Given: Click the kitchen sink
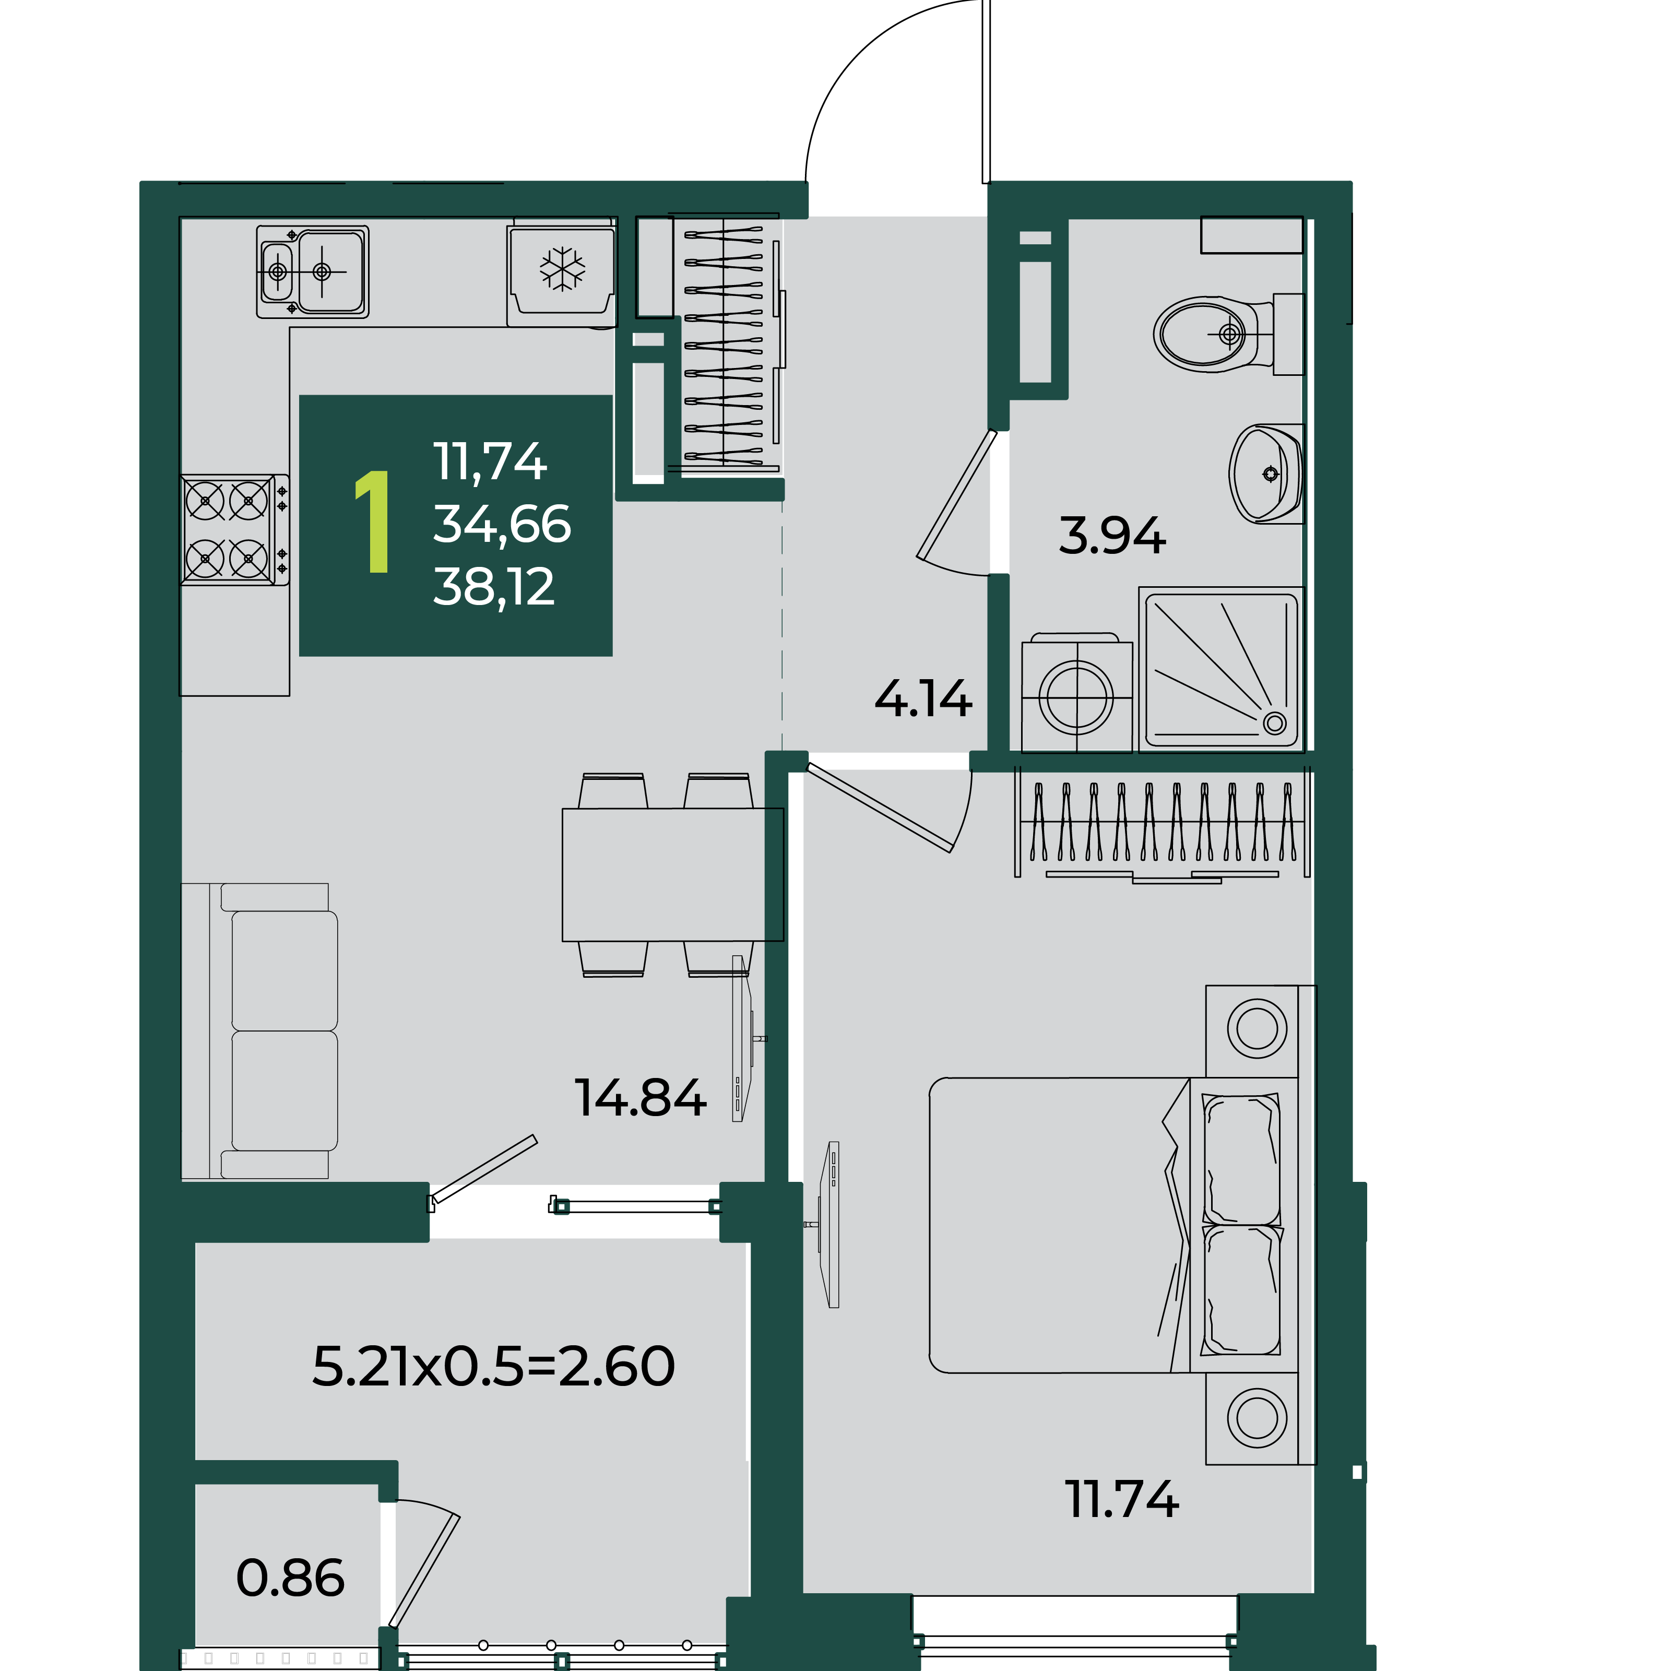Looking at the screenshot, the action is [312, 271].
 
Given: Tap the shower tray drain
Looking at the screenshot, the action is [1274, 723].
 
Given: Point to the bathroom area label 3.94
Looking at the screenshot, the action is [1112, 536].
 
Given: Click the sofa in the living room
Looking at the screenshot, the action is [258, 1031].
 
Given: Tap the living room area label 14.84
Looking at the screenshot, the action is [640, 1098].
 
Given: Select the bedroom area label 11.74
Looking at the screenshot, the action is [1122, 1499].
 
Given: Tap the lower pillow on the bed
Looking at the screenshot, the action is [1242, 1289].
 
